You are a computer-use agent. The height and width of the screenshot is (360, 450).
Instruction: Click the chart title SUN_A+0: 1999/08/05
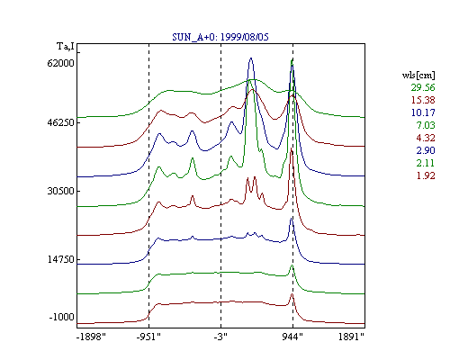220,37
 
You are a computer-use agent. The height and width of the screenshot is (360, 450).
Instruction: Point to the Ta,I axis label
66,47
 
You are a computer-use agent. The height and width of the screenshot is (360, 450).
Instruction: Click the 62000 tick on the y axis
60,63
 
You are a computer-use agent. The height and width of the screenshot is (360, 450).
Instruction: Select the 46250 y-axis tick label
60,123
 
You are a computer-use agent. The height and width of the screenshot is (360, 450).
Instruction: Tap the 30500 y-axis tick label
60,191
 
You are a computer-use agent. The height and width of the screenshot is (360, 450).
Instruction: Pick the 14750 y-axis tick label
60,259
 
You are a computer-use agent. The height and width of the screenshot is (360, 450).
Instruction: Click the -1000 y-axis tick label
61,317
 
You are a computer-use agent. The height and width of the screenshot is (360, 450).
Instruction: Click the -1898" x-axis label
91,337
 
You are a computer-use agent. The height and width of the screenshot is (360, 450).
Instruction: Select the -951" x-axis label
148,337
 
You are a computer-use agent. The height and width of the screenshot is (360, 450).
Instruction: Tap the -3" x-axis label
220,337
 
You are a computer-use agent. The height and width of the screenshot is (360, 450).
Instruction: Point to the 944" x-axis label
292,337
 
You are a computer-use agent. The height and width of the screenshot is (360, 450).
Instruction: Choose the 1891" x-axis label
351,337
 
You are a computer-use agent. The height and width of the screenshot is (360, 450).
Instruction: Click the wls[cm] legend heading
418,75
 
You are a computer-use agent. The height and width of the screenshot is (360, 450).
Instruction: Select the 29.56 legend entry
423,87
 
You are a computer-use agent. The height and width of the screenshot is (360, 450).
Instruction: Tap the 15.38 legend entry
423,100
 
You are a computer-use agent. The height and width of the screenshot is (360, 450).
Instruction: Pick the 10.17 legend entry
423,112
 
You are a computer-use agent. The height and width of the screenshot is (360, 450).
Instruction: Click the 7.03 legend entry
426,125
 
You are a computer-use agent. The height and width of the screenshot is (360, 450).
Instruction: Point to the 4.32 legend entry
426,138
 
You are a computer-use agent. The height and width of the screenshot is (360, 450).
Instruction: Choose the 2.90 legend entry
426,150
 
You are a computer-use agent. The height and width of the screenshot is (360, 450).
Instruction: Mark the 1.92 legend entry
426,175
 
